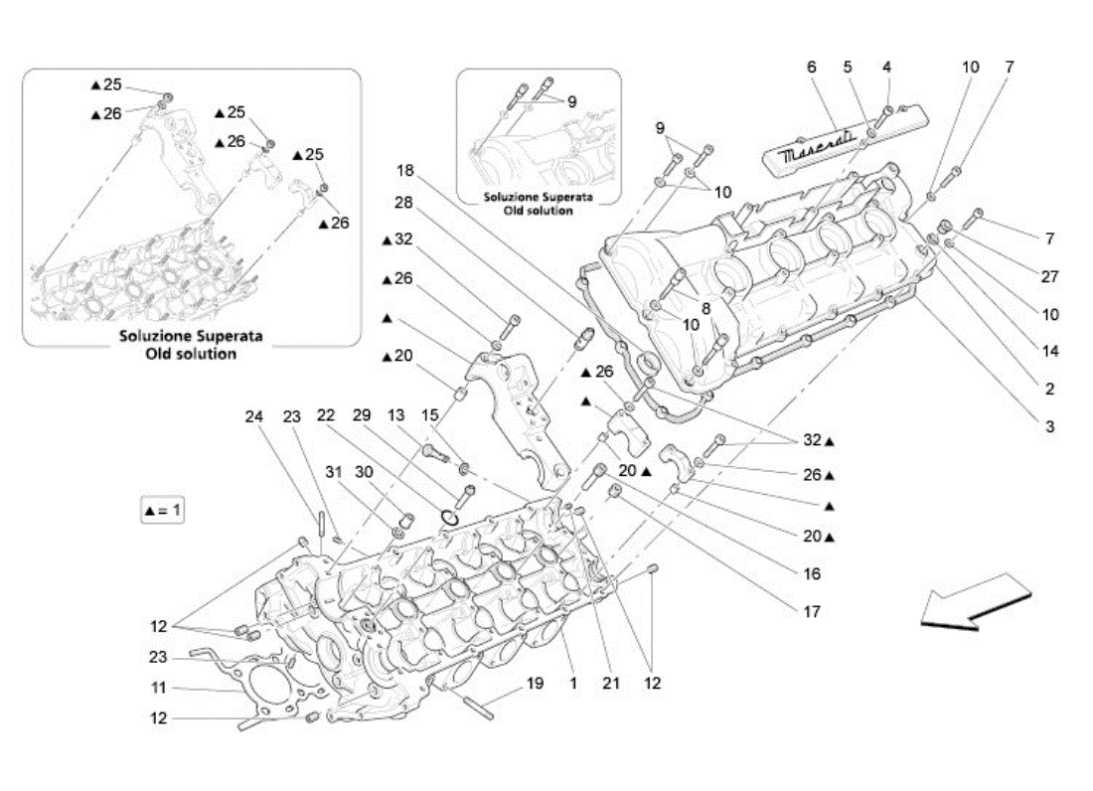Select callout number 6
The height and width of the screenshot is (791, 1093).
tap(812, 67)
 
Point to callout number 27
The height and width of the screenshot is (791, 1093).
tap(1050, 276)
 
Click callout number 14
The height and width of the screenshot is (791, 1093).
tap(1050, 351)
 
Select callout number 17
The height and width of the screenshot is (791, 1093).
tap(813, 612)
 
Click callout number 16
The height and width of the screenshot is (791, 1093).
tap(813, 573)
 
